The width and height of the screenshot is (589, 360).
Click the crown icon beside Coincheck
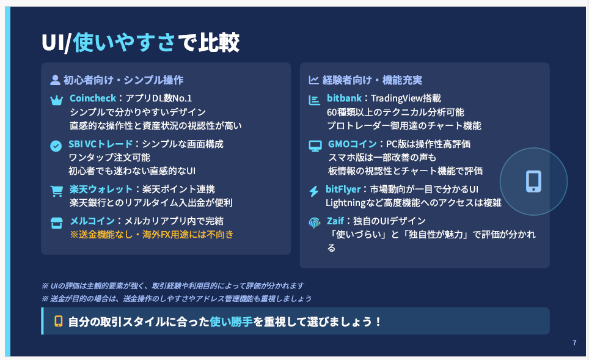coord(56,100)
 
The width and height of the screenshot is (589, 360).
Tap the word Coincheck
coord(93,98)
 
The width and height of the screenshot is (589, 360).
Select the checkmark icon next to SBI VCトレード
coord(56,146)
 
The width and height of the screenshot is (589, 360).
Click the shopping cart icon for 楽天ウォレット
coord(57,191)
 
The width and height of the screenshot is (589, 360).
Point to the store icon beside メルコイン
coord(56,223)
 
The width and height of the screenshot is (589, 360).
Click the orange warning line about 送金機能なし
coord(152,235)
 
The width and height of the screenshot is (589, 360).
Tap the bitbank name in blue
coord(344,98)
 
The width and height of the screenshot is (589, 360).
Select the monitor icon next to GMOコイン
coord(315,146)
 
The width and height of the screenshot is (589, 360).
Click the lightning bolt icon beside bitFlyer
coord(314,191)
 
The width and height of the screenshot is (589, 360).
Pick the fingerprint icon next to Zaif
coord(315,223)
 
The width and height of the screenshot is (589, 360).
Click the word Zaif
coord(335,221)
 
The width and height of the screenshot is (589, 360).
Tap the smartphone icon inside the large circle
coord(533,182)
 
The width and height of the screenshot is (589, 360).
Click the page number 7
coord(574,342)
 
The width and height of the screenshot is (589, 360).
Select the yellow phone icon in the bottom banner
coord(59,321)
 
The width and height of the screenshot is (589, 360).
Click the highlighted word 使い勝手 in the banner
coord(231,321)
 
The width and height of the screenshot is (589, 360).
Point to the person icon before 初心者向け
coord(55,80)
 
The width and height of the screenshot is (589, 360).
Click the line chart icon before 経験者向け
coord(313,80)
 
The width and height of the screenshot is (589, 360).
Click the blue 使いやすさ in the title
coord(124,42)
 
